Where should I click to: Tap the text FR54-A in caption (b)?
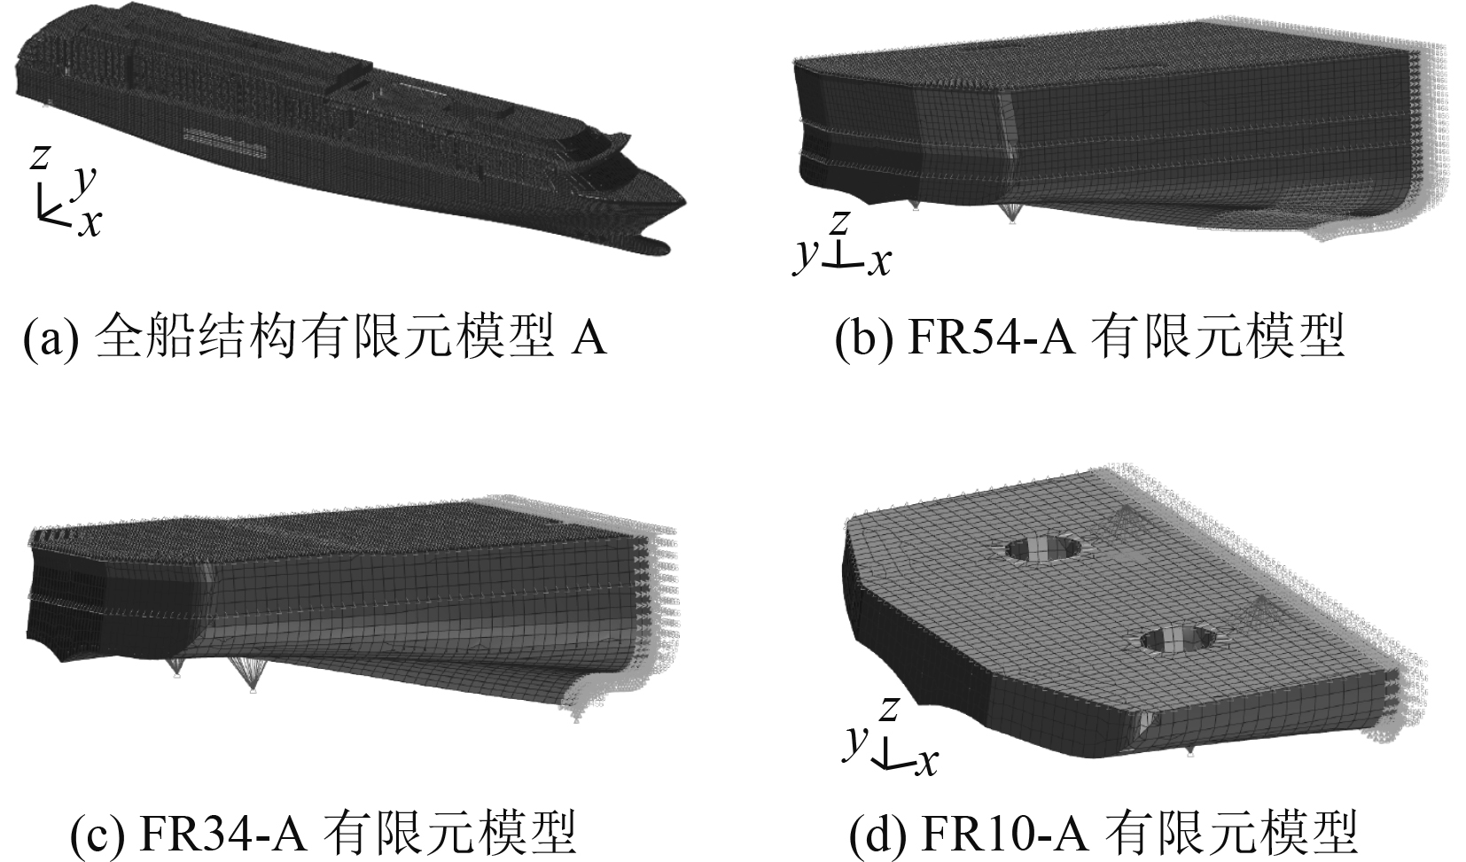[x=990, y=338]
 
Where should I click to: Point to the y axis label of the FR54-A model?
[x=807, y=254]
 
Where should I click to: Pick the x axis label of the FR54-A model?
[x=878, y=262]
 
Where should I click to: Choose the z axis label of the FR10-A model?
[x=888, y=709]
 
